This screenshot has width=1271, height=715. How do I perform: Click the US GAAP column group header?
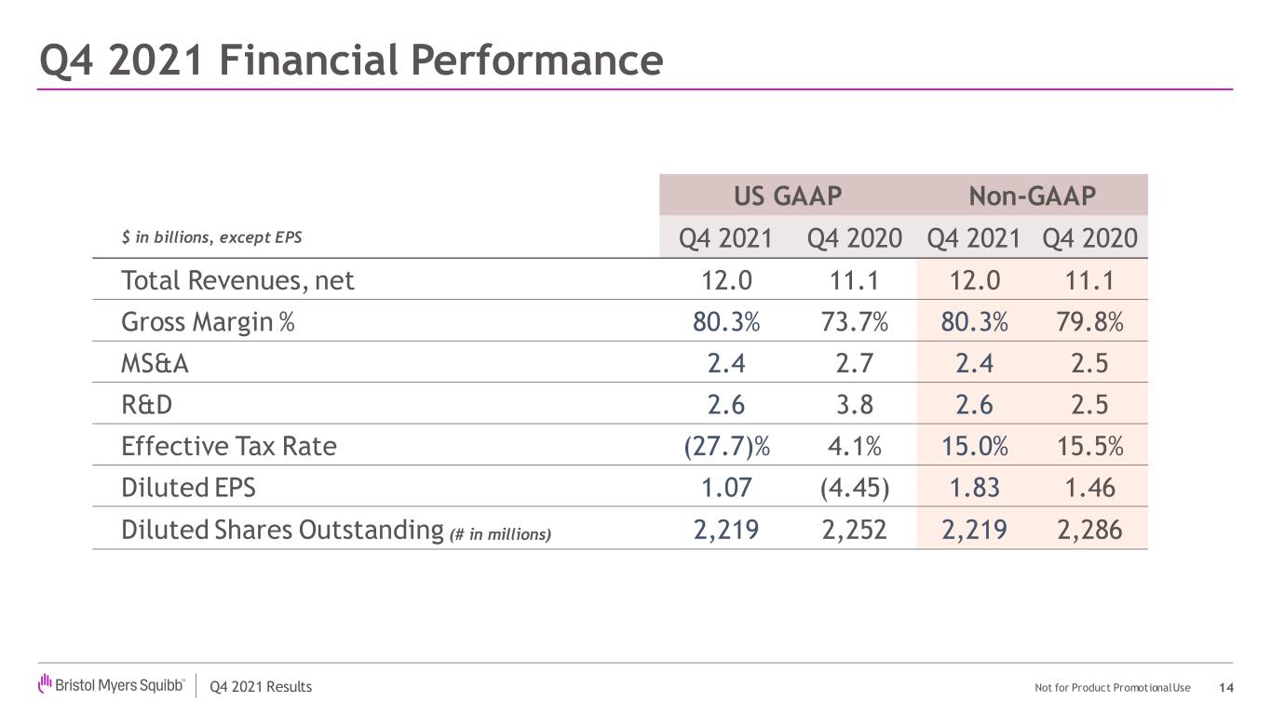788,196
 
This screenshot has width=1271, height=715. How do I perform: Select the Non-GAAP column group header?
1032,196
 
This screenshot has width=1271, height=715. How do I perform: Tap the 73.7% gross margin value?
854,322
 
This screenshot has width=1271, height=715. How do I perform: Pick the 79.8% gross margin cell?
1089,322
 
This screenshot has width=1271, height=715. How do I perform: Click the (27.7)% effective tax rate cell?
726,446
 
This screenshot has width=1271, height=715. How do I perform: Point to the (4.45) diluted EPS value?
855,488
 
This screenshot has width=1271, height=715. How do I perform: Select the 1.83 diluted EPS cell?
974,488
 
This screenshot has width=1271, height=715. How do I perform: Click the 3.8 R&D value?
855,405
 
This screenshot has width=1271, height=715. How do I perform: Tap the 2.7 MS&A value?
854,363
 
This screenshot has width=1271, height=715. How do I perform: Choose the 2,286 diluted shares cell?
1089,530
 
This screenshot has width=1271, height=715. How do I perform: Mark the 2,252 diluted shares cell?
854,530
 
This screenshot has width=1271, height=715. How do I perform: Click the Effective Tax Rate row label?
229,446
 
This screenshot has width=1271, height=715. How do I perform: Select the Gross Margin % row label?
208,322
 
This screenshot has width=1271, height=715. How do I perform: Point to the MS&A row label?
155,363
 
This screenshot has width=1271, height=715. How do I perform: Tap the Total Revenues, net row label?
237,280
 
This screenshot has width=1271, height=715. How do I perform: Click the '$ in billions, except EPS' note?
211,237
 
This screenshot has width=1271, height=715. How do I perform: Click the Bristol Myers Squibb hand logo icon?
45,683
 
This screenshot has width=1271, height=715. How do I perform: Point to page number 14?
1226,688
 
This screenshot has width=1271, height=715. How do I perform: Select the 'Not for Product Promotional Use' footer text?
1112,688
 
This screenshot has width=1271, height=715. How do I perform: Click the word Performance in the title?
536,61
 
